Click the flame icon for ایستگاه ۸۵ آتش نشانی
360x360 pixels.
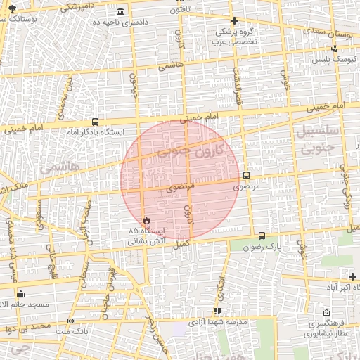point(146,219)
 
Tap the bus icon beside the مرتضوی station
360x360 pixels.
point(246,175)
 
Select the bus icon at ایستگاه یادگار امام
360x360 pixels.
point(96,122)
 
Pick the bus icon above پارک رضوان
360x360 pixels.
point(262,236)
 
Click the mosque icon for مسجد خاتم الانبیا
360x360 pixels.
point(20,294)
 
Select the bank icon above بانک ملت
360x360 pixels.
point(71,321)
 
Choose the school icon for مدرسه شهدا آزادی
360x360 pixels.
point(217,310)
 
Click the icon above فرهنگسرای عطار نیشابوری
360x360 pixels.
point(325,313)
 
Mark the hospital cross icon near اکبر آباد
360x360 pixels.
point(352,277)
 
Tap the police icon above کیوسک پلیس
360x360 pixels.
point(335,49)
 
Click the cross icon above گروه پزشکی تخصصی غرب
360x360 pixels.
point(234,21)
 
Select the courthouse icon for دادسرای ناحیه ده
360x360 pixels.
point(121,12)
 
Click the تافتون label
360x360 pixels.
point(179,11)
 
